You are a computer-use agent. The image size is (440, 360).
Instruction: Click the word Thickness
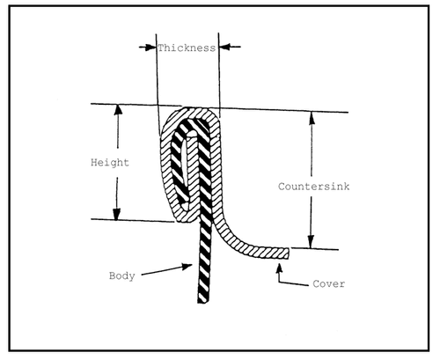[x=187, y=48]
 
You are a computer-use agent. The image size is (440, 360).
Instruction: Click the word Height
[x=110, y=162]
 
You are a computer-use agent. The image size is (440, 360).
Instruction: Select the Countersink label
[x=313, y=187]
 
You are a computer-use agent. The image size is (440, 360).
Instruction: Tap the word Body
[x=122, y=276]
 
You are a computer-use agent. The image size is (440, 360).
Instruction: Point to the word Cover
[x=328, y=283]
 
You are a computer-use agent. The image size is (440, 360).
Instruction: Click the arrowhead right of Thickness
[x=224, y=47]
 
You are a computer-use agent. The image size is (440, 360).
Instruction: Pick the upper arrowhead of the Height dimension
[x=118, y=109]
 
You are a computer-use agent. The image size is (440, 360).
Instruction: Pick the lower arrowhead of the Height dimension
[x=116, y=214]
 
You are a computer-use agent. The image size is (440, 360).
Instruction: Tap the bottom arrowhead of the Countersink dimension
[x=311, y=243]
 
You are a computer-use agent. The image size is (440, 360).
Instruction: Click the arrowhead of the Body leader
[x=187, y=266]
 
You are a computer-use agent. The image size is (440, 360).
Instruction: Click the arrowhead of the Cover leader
[x=280, y=269]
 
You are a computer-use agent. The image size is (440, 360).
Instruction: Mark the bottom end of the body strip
[x=203, y=301]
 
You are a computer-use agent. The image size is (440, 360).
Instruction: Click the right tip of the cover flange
[x=289, y=253]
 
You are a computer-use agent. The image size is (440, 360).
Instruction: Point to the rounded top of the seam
[x=192, y=113]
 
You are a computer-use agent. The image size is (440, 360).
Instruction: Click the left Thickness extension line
[x=158, y=85]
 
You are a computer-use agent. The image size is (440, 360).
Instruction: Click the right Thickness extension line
[x=219, y=75]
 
